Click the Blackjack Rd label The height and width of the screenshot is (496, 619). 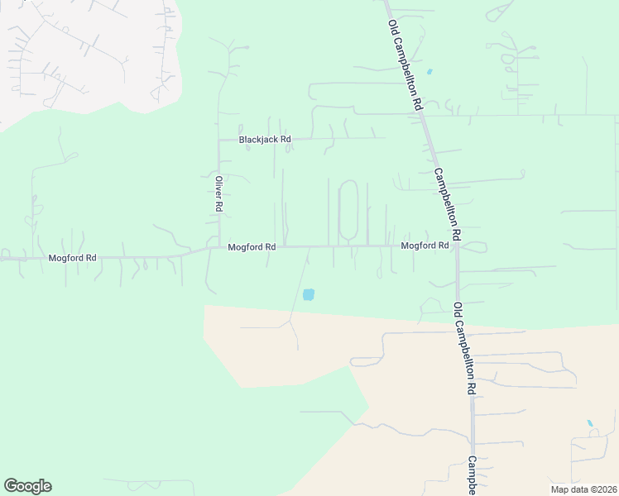point(265,140)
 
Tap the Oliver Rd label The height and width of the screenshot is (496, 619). point(219,194)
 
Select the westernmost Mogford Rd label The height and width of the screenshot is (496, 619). point(72,258)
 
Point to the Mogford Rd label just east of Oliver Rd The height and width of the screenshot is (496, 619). point(252,246)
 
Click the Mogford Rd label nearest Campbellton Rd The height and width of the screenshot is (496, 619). point(425,246)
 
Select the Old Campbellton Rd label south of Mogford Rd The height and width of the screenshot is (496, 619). point(464,347)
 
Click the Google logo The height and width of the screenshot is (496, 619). point(27,486)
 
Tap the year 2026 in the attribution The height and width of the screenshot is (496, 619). point(603,489)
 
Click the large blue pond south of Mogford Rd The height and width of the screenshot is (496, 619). point(309,293)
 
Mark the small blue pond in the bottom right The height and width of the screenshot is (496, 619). point(590,424)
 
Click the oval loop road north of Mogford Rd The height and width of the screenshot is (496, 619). point(348,210)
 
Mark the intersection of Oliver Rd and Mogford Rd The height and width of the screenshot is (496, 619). point(219,246)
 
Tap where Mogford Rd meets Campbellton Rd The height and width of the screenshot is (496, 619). point(456,246)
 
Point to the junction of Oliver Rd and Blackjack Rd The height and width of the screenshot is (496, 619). point(219,140)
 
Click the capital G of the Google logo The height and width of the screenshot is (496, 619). point(10,485)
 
